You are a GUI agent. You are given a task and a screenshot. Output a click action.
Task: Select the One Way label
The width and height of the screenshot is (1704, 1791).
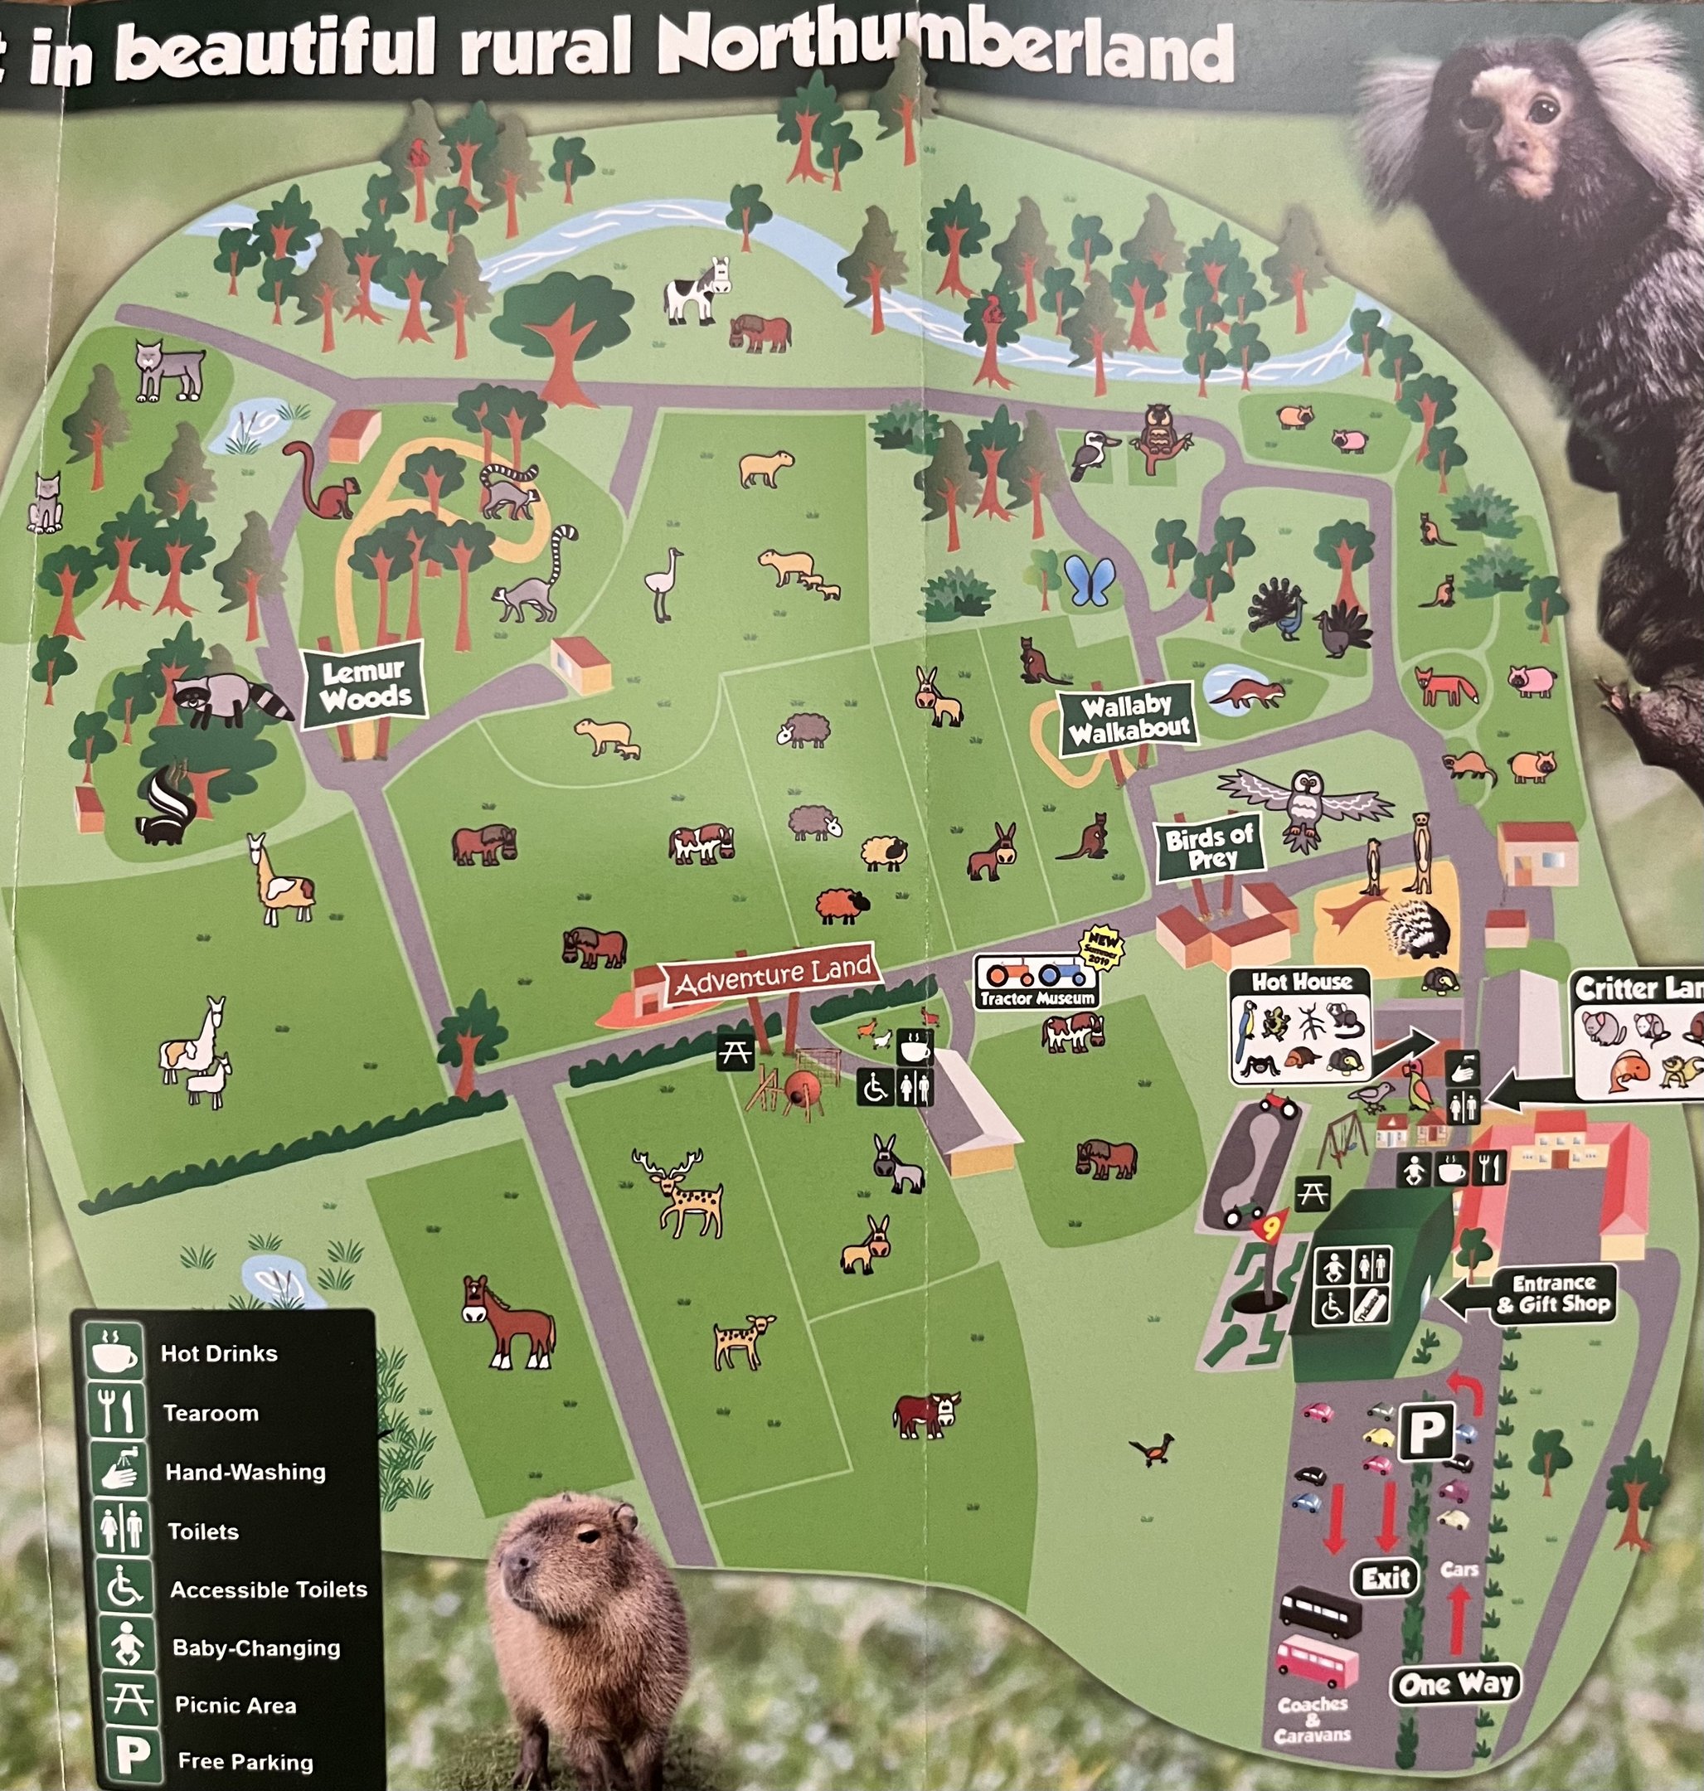(1455, 1685)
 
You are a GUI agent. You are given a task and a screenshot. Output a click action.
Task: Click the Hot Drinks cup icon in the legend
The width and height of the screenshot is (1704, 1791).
(115, 1352)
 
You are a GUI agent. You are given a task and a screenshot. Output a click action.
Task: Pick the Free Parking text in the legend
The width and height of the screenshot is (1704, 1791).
(245, 1762)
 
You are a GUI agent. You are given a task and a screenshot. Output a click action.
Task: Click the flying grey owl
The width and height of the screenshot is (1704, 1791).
(1304, 803)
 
